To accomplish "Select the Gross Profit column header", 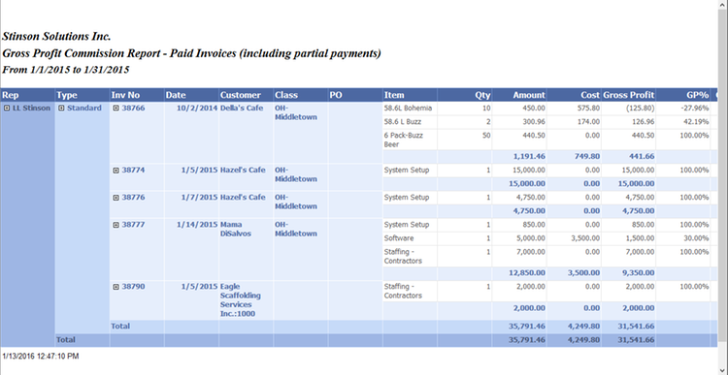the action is pyautogui.click(x=629, y=95).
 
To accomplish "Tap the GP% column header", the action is pyautogui.click(x=697, y=95).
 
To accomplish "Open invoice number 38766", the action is pyautogui.click(x=133, y=108).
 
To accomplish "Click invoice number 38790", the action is pyautogui.click(x=133, y=287).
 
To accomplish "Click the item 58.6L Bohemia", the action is pyautogui.click(x=408, y=109).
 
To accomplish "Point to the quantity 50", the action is pyautogui.click(x=485, y=136).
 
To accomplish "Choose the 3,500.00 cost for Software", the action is pyautogui.click(x=576, y=237).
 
